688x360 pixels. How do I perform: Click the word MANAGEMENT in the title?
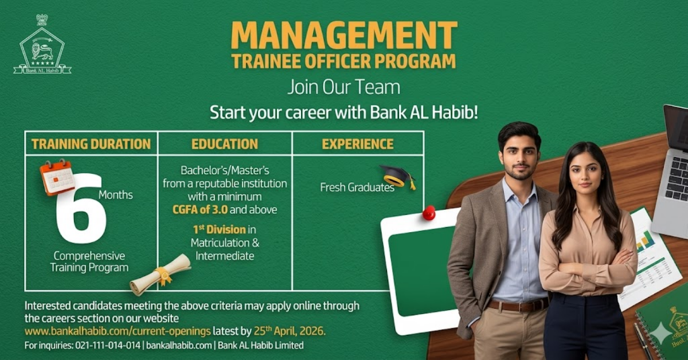click(x=344, y=36)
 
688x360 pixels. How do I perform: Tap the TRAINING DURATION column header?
click(x=91, y=144)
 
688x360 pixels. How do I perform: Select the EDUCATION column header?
click(x=225, y=144)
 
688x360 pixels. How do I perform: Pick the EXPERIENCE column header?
click(x=358, y=144)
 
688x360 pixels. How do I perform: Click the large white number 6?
click(x=82, y=209)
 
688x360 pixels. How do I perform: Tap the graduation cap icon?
click(x=398, y=176)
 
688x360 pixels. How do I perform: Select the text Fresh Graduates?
click(x=357, y=187)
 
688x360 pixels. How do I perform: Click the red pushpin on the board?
click(x=428, y=213)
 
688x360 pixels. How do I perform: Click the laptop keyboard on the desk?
click(x=677, y=178)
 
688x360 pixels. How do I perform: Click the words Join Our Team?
click(x=343, y=88)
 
